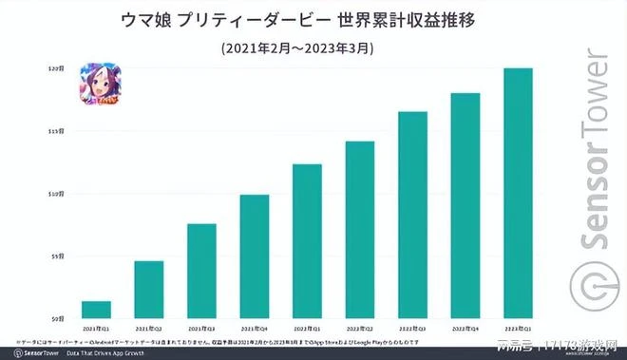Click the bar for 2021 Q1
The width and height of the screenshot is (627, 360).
coord(96,310)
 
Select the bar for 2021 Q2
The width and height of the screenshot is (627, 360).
coord(148,290)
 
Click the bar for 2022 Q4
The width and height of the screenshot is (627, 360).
coord(465,206)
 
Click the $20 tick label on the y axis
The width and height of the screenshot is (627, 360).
coord(56,69)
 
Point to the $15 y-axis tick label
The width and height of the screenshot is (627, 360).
coord(56,131)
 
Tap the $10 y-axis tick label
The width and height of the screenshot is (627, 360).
coord(56,194)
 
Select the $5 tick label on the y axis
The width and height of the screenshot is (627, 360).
coord(57,256)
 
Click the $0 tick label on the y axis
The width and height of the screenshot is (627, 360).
coord(58,318)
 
